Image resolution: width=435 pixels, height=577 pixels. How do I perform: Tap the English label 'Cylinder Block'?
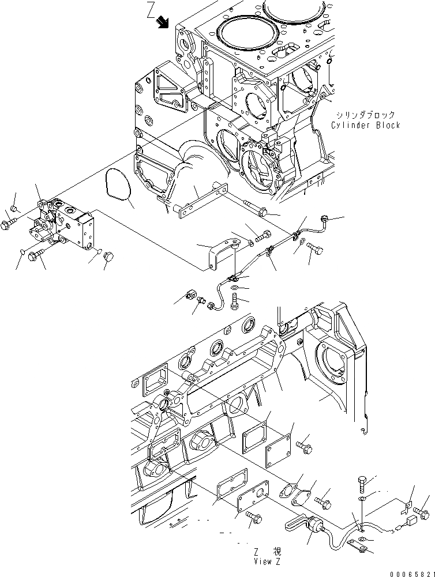tap(365, 125)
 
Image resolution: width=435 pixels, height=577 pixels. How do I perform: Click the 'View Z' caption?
tap(266, 560)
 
